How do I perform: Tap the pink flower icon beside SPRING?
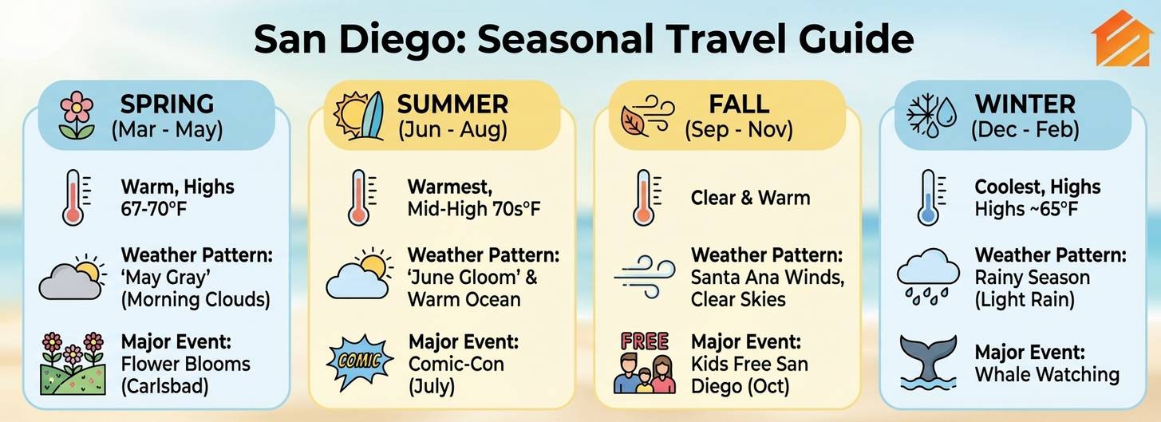coord(77,116)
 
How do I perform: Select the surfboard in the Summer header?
coord(372,116)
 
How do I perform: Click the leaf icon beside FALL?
coord(634,122)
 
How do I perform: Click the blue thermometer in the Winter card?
coord(930,198)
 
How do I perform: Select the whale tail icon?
coord(928,361)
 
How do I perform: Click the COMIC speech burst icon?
coord(360,361)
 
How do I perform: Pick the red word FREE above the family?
coord(645,341)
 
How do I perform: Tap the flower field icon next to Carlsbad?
coord(73,364)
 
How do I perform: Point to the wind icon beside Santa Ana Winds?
coord(645,276)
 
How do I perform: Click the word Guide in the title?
coord(855,39)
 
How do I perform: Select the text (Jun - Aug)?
coord(452,129)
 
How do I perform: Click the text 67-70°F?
coord(154,209)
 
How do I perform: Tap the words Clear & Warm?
coord(751,198)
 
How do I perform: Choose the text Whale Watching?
coord(1047,374)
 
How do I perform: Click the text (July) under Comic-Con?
coord(431,386)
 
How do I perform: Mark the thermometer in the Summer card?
coord(359,198)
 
